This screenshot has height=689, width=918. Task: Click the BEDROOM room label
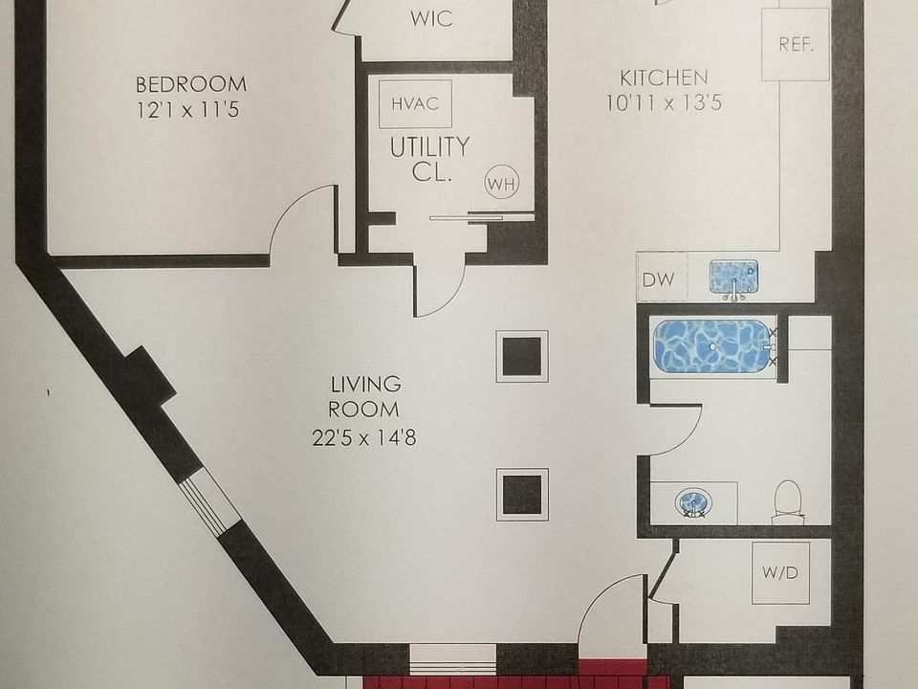click(190, 84)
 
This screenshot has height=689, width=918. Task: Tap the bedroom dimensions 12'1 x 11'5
click(187, 110)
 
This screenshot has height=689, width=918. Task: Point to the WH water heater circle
click(501, 183)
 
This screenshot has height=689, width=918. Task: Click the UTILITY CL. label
click(429, 160)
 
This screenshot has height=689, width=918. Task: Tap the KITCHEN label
click(664, 78)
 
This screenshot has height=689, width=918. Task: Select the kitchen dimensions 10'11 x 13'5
click(664, 102)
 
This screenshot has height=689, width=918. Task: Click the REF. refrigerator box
click(795, 45)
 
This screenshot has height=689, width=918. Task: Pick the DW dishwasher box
click(658, 279)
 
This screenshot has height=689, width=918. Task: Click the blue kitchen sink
click(733, 278)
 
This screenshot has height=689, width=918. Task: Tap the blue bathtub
click(712, 345)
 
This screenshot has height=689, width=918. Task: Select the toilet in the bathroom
click(787, 501)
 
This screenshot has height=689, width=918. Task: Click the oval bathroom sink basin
click(691, 501)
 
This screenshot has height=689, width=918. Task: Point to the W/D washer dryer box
click(780, 572)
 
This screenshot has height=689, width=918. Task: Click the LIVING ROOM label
click(364, 397)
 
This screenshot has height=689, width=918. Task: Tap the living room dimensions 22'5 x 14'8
click(364, 439)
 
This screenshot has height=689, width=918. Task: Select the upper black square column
click(522, 356)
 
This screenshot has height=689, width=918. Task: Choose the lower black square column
click(522, 494)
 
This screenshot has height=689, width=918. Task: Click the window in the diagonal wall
click(209, 504)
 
